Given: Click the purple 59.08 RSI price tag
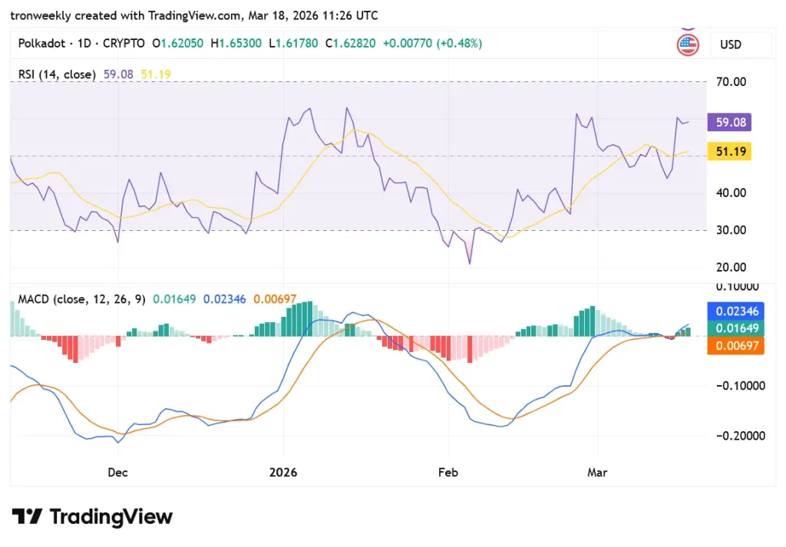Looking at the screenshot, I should (732, 122).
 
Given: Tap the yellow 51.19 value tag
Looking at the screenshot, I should (732, 152).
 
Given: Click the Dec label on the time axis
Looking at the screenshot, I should (117, 473).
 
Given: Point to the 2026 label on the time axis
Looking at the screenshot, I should (283, 473).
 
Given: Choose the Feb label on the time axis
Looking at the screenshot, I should (447, 473).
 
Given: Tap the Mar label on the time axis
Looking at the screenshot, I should (597, 473).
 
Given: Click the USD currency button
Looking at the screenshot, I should (730, 44).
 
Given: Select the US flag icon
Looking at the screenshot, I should (688, 44).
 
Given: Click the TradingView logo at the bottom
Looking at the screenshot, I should (92, 516).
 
